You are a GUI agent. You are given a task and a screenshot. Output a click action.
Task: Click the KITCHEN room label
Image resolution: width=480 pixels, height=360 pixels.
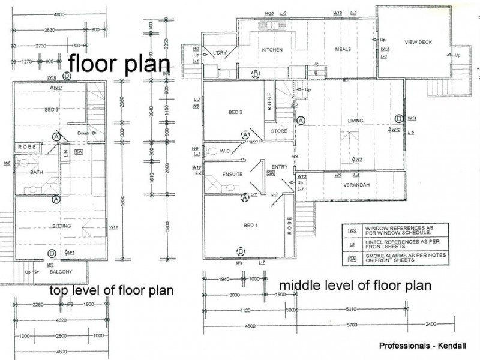pos(272,50)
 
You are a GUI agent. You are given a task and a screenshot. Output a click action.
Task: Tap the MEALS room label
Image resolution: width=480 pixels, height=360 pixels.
pos(343,50)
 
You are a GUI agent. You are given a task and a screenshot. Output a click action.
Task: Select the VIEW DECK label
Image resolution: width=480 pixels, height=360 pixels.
pos(418,42)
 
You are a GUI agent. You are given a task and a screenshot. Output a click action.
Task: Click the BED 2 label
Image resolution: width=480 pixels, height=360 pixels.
pos(235,112)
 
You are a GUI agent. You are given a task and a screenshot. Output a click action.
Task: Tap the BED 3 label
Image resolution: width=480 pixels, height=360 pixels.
pos(52,109)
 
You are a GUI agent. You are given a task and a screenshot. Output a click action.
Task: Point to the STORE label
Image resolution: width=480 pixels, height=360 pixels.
pos(279,130)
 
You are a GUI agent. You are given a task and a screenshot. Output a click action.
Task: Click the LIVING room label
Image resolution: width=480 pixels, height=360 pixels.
pos(356,121)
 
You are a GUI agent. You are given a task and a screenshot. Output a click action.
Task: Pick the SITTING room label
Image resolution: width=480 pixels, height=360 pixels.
pos(62,226)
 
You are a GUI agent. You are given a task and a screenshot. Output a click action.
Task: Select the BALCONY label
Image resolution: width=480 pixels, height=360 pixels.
pos(62,272)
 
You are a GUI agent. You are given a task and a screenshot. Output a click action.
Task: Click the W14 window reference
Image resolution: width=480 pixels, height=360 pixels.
pos(412,119)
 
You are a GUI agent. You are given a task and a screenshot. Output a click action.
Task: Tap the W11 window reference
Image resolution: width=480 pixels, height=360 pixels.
pos(114,227)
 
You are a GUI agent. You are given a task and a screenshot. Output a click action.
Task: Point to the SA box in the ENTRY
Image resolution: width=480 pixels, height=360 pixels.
pos(271,173)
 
